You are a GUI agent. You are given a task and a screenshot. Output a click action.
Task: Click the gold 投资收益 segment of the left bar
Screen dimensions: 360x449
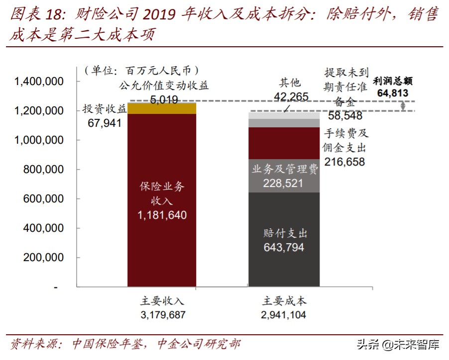[162, 108]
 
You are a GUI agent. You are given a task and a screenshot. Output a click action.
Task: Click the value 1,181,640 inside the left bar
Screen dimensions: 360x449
[162, 215]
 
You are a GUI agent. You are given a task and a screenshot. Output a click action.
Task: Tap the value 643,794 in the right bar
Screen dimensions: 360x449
[284, 247]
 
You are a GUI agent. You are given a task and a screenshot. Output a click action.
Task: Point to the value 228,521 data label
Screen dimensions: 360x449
[284, 183]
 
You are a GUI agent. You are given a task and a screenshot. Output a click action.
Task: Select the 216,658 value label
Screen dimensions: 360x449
[344, 162]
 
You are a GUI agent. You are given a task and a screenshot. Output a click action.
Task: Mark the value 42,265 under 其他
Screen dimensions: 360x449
[291, 97]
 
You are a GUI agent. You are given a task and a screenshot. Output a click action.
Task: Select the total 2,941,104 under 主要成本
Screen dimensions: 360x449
[283, 315]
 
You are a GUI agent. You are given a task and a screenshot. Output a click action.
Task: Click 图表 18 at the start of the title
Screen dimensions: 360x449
[30, 15]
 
